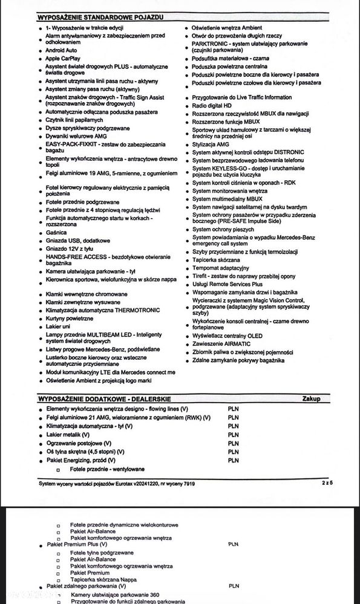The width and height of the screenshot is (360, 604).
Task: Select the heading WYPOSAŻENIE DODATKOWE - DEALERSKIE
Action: tap(104, 398)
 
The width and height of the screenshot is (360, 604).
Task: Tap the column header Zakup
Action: tap(312, 398)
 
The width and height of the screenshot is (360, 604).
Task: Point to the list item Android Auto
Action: tap(61, 50)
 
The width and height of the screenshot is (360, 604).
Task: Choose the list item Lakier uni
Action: tap(59, 326)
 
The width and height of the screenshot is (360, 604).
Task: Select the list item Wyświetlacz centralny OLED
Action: tap(227, 335)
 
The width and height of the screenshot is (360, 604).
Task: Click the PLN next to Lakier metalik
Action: tap(234, 434)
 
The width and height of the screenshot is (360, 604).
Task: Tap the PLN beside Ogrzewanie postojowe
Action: tap(234, 443)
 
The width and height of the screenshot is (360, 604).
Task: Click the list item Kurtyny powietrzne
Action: tap(70, 317)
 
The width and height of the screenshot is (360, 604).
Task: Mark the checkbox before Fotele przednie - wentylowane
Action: tap(58, 470)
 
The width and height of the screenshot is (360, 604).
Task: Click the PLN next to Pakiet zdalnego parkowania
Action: tap(234, 586)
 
